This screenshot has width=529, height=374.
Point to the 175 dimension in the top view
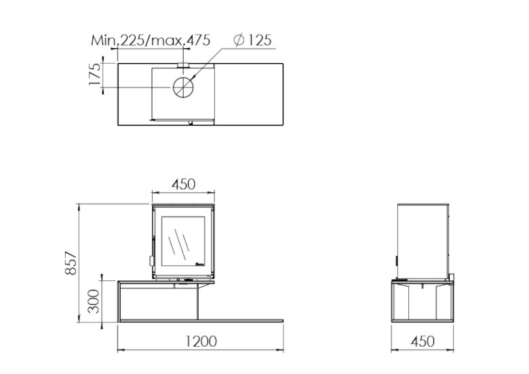[95, 75]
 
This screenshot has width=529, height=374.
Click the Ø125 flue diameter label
[252, 40]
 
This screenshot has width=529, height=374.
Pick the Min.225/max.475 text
[151, 40]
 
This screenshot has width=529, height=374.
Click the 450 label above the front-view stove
[182, 184]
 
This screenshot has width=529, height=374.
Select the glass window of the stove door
[183, 241]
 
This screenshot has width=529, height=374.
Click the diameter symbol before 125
[239, 40]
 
